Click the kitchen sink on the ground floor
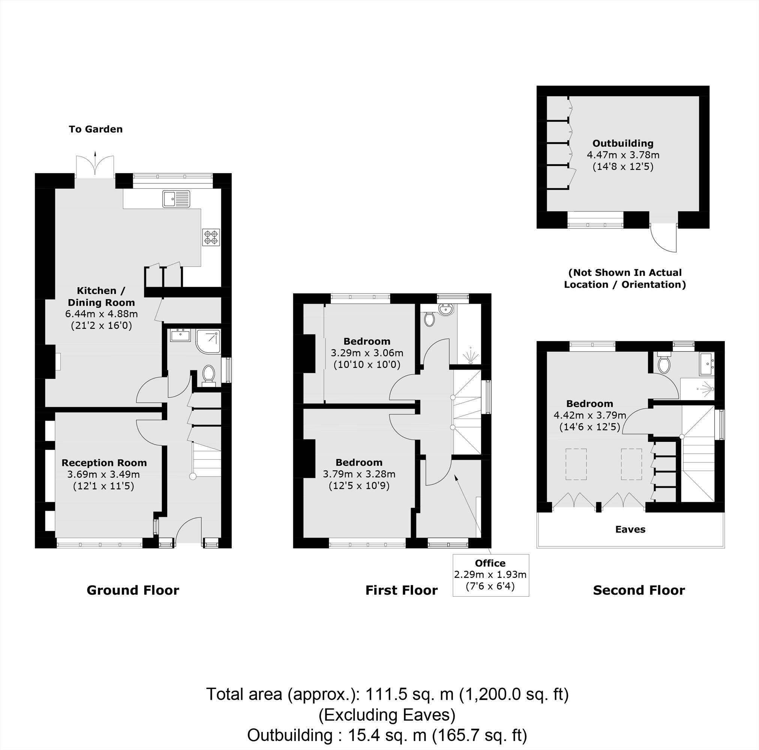(x=176, y=199)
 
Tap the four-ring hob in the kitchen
(x=211, y=237)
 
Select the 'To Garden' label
(x=96, y=129)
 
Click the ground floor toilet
(x=208, y=374)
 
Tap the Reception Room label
(x=104, y=463)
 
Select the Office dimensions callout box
(x=490, y=575)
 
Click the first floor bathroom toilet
(x=429, y=319)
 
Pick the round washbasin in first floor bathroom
(x=446, y=310)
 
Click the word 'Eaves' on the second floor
(x=630, y=529)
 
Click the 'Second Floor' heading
(x=639, y=590)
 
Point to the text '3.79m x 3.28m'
(x=358, y=474)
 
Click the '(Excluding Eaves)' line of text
(x=387, y=715)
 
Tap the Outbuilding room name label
(x=622, y=143)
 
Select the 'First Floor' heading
(x=401, y=590)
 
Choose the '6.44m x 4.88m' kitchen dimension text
(x=101, y=314)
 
